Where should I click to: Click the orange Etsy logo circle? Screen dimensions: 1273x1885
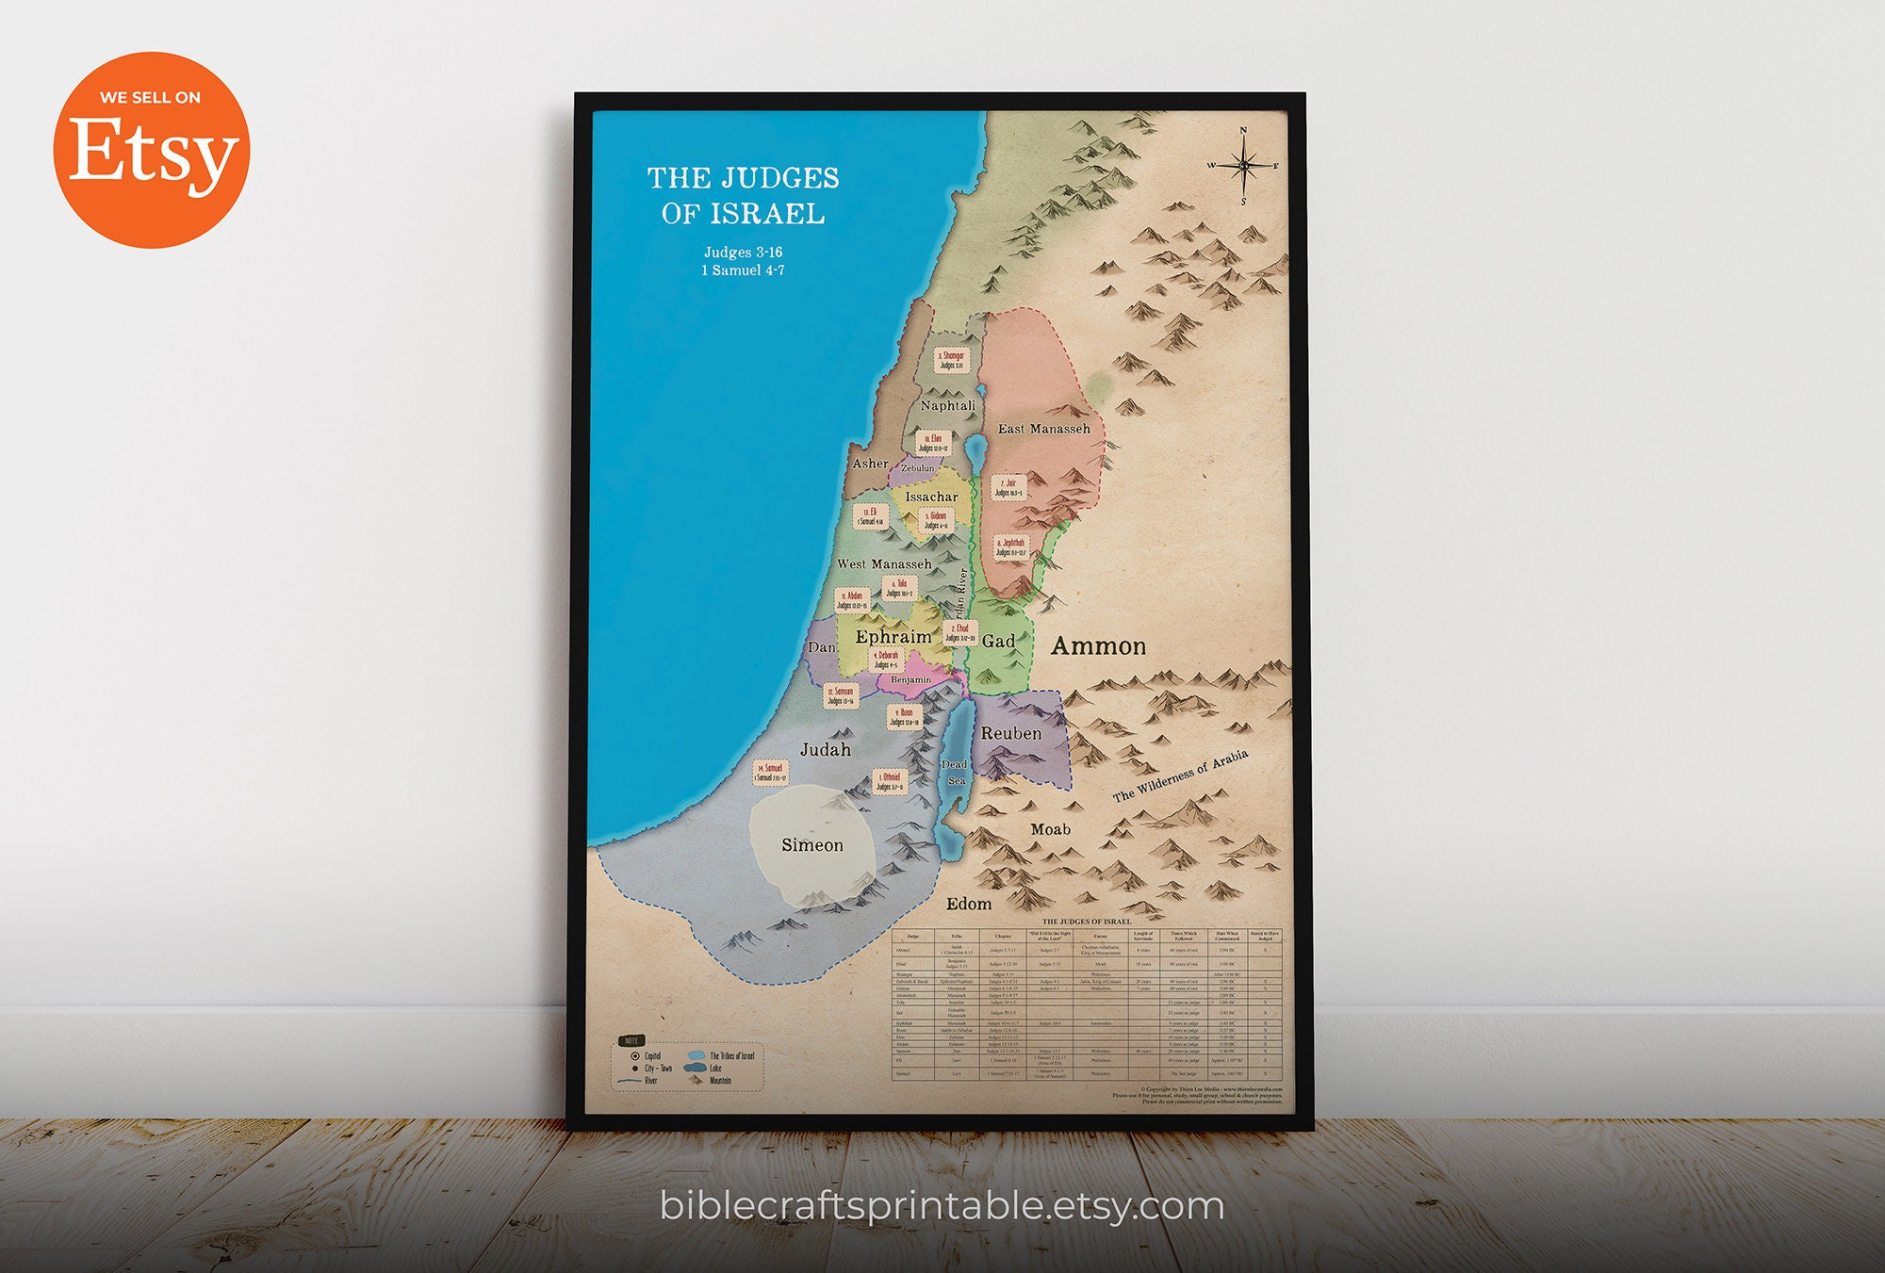(x=151, y=150)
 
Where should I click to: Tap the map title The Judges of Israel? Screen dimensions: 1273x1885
(x=743, y=196)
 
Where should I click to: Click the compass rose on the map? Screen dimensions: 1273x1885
(x=1243, y=166)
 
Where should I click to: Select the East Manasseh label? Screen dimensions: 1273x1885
(x=1043, y=429)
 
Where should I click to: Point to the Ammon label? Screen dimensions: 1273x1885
(x=1098, y=646)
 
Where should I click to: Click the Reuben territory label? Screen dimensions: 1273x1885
(x=1011, y=733)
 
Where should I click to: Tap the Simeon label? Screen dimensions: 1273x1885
(x=812, y=845)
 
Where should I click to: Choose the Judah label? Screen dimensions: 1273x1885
(x=826, y=750)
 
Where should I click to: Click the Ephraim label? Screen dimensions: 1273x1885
(x=893, y=637)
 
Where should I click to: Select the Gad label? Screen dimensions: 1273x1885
(x=998, y=642)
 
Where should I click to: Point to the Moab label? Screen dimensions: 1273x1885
(x=1050, y=829)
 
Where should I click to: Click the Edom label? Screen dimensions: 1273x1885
(x=969, y=904)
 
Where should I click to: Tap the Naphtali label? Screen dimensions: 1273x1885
(x=947, y=405)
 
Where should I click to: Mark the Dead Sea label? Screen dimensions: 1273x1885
(x=955, y=772)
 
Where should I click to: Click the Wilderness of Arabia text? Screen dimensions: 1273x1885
(x=1180, y=775)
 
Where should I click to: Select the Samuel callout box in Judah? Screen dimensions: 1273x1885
(x=770, y=773)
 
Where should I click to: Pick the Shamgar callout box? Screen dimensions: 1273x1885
(x=951, y=360)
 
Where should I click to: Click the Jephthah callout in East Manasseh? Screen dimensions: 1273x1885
(x=1010, y=547)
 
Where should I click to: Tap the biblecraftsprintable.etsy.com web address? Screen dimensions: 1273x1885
(x=942, y=1206)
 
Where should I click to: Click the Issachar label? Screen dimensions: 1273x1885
(x=931, y=497)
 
